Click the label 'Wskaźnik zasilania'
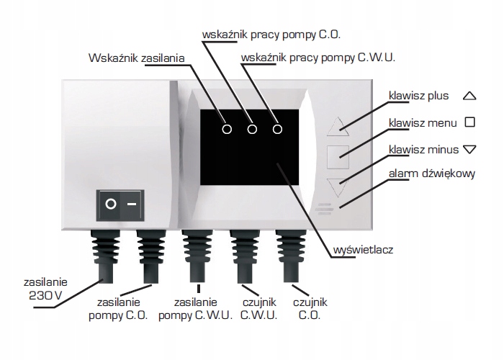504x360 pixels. [x=136, y=58]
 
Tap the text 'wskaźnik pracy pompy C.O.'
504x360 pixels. [x=271, y=35]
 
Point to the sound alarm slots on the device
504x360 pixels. [x=328, y=208]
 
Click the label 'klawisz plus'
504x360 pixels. [x=418, y=95]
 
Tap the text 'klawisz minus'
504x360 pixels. [x=423, y=149]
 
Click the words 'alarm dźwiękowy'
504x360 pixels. [x=426, y=175]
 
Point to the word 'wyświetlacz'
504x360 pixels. [x=364, y=251]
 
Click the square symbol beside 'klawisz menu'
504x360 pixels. [x=469, y=122]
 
